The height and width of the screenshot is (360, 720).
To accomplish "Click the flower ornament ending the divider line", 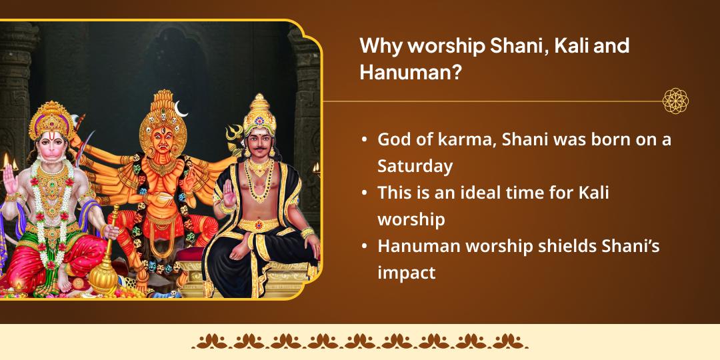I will pos(675,101).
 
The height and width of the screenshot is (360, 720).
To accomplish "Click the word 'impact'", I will pos(407,272).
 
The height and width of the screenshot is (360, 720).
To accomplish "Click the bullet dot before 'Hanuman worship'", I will pos(364,247).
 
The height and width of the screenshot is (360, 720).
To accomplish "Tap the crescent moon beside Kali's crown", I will pos(182,106).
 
